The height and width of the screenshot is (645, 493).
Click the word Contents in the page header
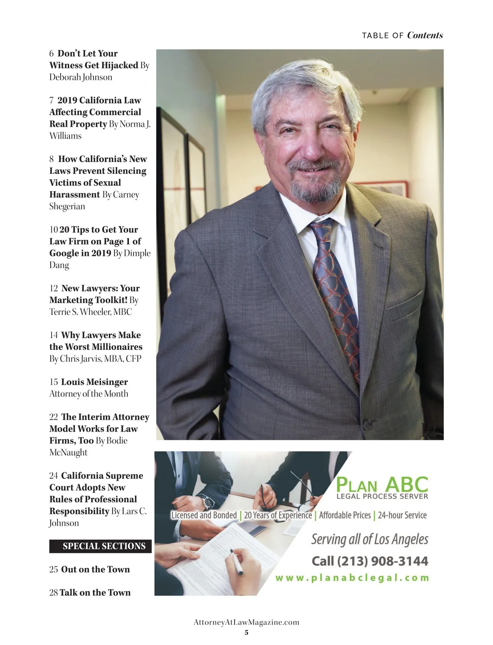[425, 35]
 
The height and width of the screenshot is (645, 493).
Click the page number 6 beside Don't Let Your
[51, 53]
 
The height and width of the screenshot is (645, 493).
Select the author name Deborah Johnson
[81, 77]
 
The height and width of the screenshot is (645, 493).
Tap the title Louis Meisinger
[94, 382]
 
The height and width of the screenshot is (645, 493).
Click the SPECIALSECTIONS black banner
[100, 546]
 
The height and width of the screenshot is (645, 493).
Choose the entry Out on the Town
[95, 569]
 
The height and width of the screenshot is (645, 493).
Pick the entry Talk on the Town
[95, 592]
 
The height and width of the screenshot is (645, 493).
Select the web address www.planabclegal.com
[352, 578]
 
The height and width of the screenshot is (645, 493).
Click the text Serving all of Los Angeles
[369, 539]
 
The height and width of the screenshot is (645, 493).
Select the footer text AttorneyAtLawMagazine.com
[246, 622]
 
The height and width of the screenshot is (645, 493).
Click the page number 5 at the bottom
[246, 632]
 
